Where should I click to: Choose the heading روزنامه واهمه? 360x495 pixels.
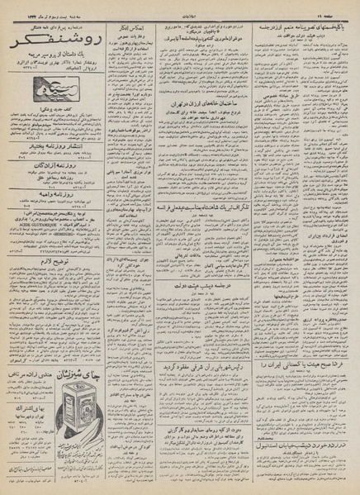pos(54,218)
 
